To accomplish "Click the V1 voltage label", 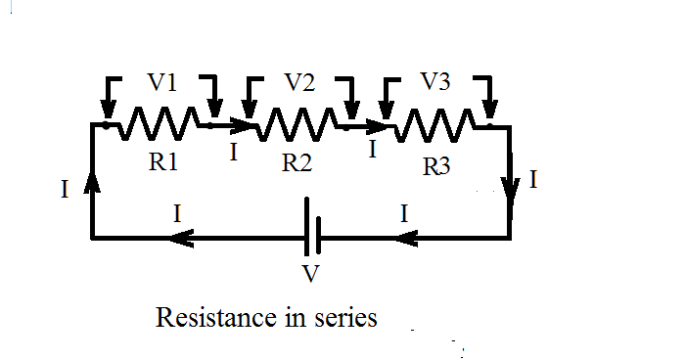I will click(x=162, y=85).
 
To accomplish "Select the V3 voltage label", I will click(x=435, y=83).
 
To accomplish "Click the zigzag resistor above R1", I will click(x=160, y=125).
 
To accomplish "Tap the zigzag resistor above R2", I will click(x=299, y=125).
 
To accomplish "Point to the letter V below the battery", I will click(x=311, y=274).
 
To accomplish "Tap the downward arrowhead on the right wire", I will click(x=510, y=187).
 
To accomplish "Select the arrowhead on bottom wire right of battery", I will click(x=410, y=237).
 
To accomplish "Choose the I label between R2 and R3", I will click(x=372, y=152).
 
